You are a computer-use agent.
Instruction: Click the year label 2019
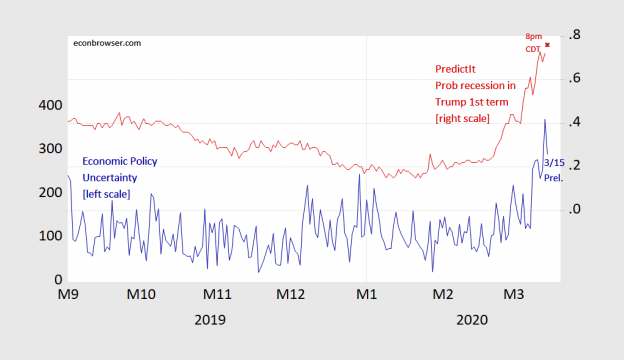(210, 320)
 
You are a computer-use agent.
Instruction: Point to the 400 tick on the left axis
(50, 105)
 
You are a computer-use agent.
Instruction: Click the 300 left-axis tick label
(50, 149)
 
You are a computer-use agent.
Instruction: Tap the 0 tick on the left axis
(58, 280)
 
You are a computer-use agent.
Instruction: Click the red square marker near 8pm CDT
(547, 45)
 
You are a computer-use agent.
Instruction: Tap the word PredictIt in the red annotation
(455, 68)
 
